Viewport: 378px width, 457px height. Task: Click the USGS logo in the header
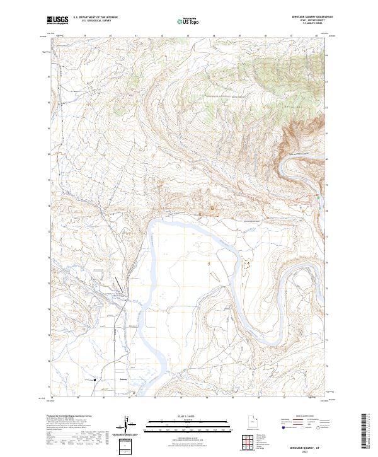pos(57,21)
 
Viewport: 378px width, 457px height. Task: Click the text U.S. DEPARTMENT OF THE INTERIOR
pos(95,17)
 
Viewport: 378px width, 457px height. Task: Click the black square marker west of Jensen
pos(95,379)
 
